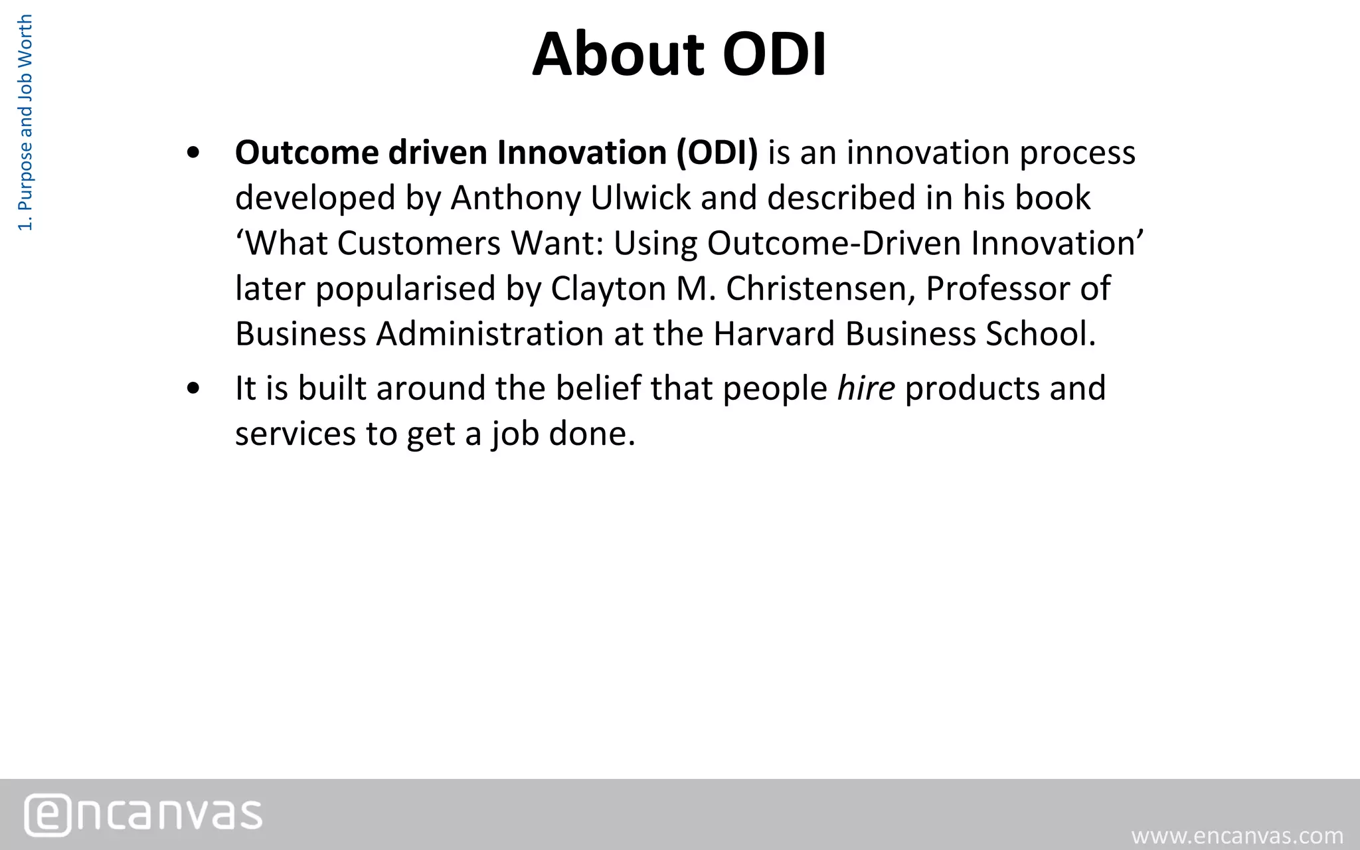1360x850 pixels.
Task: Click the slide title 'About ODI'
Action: coord(679,54)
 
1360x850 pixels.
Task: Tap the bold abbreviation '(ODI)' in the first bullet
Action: coord(717,153)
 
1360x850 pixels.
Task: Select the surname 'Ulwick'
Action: coord(640,198)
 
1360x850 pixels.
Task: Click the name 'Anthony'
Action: coord(515,198)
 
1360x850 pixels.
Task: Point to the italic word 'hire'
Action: coord(866,388)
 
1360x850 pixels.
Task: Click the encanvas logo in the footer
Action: coord(143,814)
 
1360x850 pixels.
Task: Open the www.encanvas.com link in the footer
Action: coord(1237,835)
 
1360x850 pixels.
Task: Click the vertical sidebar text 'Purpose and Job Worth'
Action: coord(25,123)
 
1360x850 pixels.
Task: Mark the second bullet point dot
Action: coord(193,389)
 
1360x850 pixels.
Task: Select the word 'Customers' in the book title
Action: coord(418,243)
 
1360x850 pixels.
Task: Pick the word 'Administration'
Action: coord(489,333)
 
